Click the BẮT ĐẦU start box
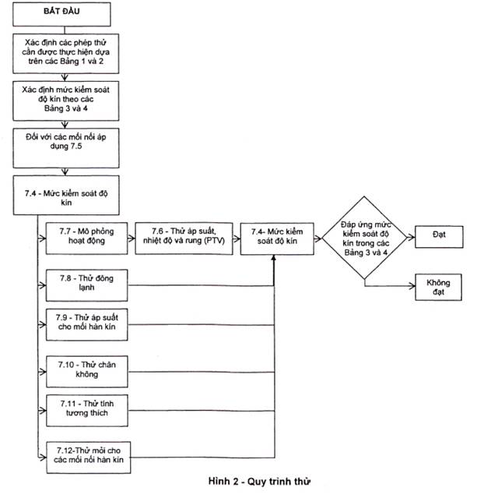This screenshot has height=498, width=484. pyautogui.click(x=61, y=14)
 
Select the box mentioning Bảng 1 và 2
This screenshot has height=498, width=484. pyautogui.click(x=65, y=54)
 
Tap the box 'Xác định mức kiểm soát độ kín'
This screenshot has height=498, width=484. pyautogui.click(x=65, y=101)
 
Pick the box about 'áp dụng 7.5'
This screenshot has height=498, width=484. pyautogui.click(x=66, y=148)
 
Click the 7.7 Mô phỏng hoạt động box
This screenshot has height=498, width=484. pyautogui.click(x=86, y=238)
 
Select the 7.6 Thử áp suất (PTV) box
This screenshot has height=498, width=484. pyautogui.click(x=184, y=238)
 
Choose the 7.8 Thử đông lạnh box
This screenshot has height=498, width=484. pyautogui.click(x=86, y=285)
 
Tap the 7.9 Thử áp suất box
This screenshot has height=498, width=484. pyautogui.click(x=87, y=324)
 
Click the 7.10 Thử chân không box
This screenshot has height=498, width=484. pyautogui.click(x=87, y=372)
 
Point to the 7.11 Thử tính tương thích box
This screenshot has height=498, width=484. pyautogui.click(x=87, y=411)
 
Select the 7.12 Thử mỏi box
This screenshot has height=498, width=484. pyautogui.click(x=89, y=457)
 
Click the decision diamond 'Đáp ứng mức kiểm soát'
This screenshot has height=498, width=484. pyautogui.click(x=364, y=238)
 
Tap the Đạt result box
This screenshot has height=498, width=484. pyautogui.click(x=439, y=237)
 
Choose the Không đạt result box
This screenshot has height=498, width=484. pyautogui.click(x=438, y=287)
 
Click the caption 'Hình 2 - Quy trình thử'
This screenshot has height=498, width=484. pyautogui.click(x=259, y=482)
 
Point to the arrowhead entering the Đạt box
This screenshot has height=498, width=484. pyautogui.click(x=412, y=237)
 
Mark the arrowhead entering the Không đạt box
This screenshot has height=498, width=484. pyautogui.click(x=412, y=286)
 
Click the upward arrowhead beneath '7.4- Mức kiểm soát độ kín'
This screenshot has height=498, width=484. pyautogui.click(x=274, y=258)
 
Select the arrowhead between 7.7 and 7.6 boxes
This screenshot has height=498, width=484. pyautogui.click(x=132, y=238)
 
